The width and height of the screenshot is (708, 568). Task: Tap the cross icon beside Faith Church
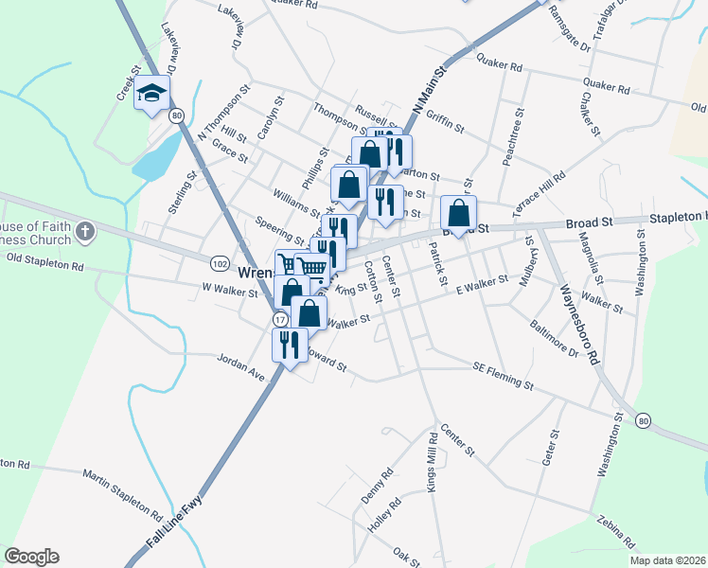pyautogui.click(x=84, y=231)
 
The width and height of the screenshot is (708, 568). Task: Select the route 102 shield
pyautogui.click(x=220, y=262)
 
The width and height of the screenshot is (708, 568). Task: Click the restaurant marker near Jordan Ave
pyautogui.click(x=290, y=345)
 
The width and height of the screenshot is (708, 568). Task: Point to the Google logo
pyautogui.click(x=31, y=557)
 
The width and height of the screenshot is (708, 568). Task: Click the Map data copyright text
pyautogui.click(x=668, y=560)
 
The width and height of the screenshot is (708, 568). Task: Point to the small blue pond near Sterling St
pyautogui.click(x=156, y=155)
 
